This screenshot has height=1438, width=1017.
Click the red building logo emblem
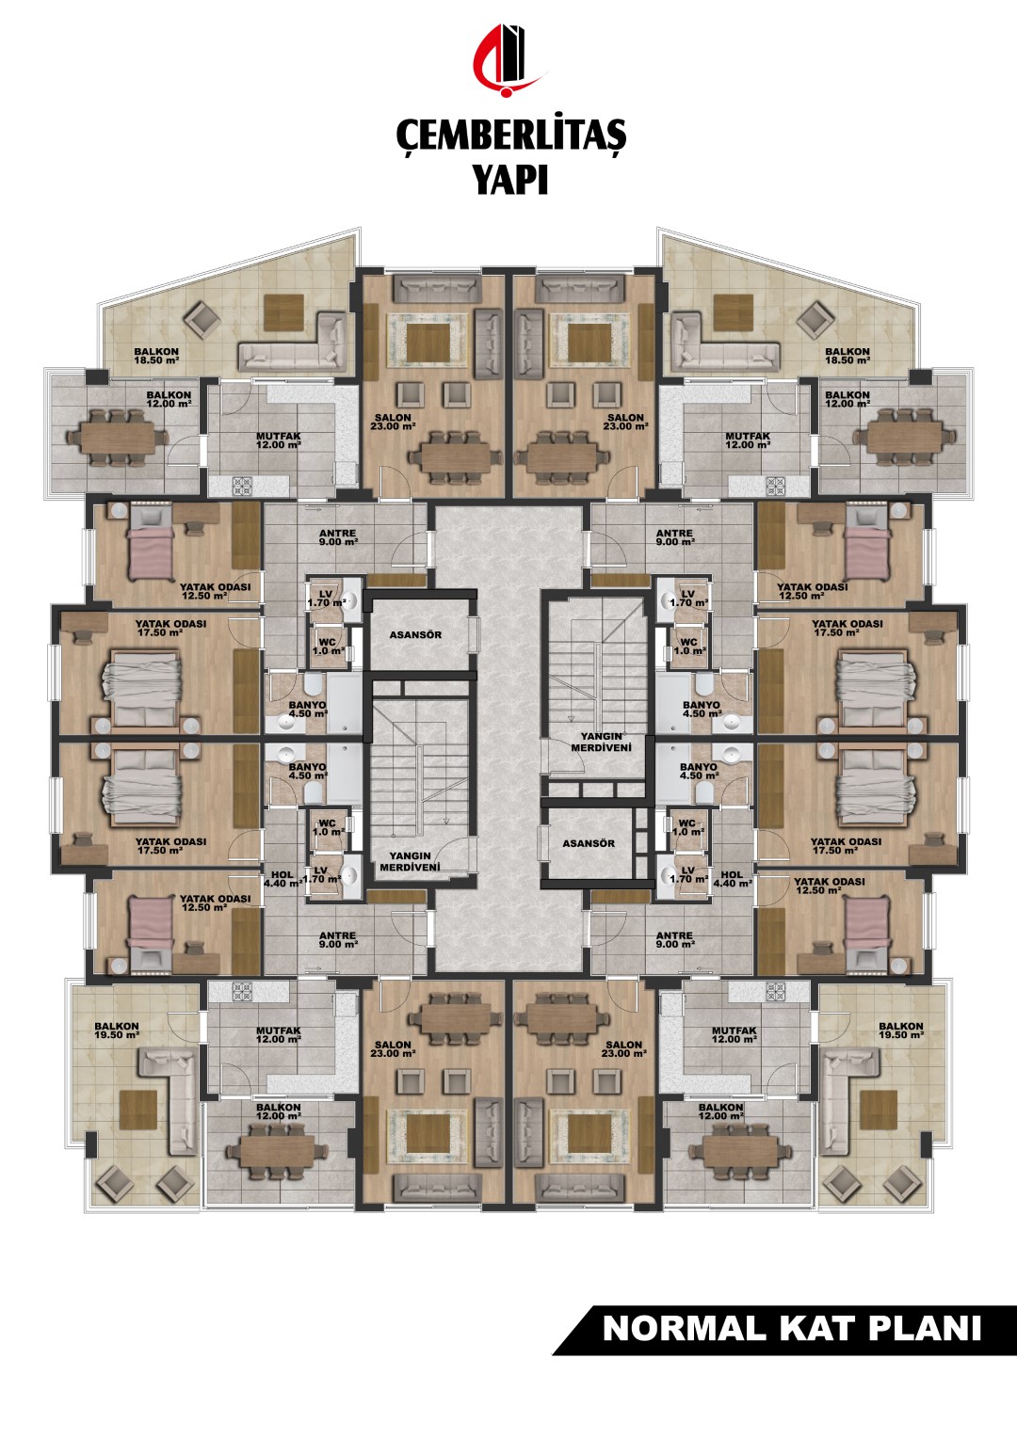[x=508, y=61]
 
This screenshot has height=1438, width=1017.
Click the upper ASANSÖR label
[x=415, y=635]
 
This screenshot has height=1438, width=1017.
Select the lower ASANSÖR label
[x=589, y=843]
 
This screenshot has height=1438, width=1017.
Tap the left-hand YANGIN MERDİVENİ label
[x=413, y=861]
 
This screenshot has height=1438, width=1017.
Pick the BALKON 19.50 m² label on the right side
[x=901, y=1031]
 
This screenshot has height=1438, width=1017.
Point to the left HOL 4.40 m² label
[x=282, y=879]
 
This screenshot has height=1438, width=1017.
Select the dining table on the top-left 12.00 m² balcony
[x=117, y=438]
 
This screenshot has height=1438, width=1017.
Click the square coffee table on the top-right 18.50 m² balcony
[x=733, y=308]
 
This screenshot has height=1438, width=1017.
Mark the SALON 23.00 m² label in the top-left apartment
[x=394, y=422]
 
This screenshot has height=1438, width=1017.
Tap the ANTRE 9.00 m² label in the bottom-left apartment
[x=338, y=940]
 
